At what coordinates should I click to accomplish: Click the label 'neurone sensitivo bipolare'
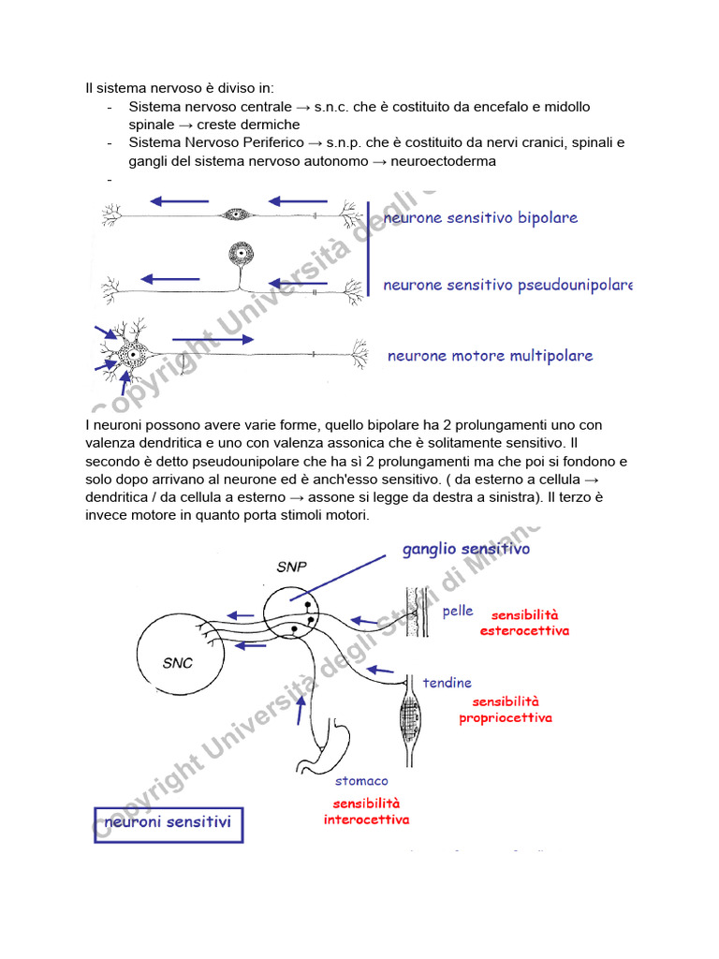pyautogui.click(x=480, y=218)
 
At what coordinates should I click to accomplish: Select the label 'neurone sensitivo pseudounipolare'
pyautogui.click(x=507, y=285)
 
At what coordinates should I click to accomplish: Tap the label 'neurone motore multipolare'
pyautogui.click(x=490, y=356)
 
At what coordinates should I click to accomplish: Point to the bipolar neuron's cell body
pyautogui.click(x=235, y=214)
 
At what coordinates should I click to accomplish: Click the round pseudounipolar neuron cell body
pyautogui.click(x=242, y=253)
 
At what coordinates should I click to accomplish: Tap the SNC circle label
pyautogui.click(x=177, y=663)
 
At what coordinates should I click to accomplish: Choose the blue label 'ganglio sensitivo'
pyautogui.click(x=465, y=550)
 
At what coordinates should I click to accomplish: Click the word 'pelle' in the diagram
pyautogui.click(x=458, y=612)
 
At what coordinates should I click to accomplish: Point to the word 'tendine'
pyautogui.click(x=447, y=683)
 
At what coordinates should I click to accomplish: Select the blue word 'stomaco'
pyautogui.click(x=361, y=780)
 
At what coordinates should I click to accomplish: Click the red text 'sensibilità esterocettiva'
pyautogui.click(x=524, y=623)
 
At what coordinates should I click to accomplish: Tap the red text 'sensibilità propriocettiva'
pyautogui.click(x=505, y=710)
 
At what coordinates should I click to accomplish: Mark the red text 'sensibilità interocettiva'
pyautogui.click(x=366, y=811)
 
